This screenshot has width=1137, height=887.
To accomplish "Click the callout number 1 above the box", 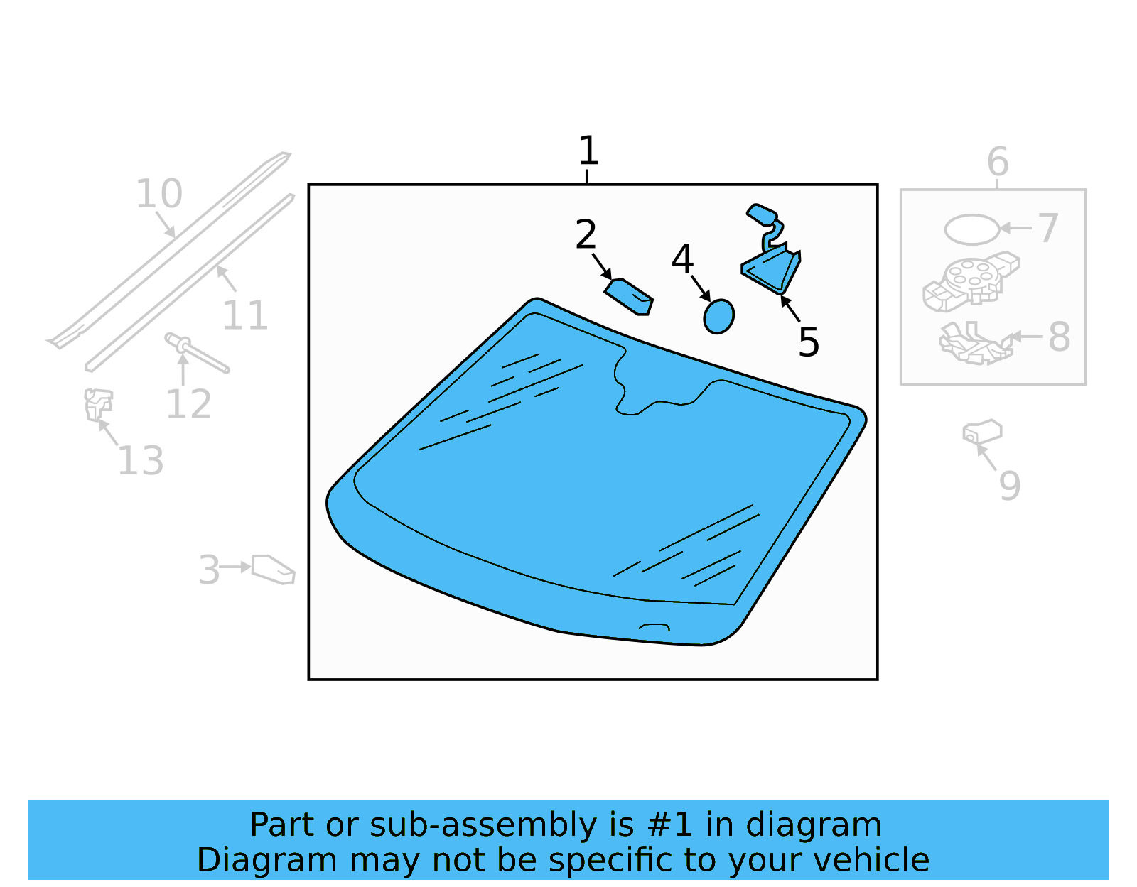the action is pos(588,151).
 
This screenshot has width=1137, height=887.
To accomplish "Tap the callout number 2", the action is pos(586,234).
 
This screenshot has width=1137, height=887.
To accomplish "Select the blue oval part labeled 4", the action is pos(718,316).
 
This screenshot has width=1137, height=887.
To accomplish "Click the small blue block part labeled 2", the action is pos(628,296).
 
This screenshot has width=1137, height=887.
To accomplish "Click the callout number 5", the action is pos(809,342).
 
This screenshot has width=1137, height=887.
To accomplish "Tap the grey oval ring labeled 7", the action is pos(971,229).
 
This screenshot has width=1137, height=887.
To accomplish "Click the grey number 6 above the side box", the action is pos(998,162).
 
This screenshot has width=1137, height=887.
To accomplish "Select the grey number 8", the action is pos(1059,337).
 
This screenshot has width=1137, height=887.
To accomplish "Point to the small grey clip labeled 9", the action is pos(982,432).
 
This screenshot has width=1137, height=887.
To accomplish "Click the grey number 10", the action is pos(159,194).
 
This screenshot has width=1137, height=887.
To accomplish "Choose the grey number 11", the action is pos(245,316).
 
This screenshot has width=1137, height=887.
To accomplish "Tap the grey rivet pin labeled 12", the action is pos(197,353).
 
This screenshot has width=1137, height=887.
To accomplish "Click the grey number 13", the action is pos(141,460).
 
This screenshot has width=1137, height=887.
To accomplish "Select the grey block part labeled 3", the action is pos(273,570).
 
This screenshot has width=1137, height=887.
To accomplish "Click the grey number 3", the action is pos(210,570).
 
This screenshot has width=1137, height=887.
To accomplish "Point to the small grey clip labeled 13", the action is pos(98,405).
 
